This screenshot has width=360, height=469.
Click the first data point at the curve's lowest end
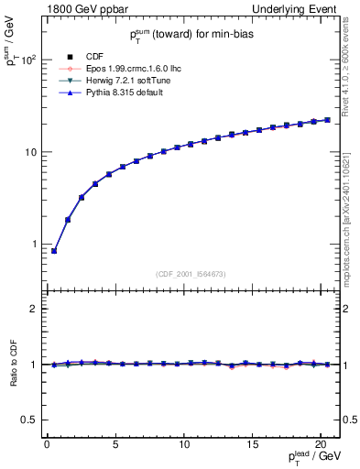54,251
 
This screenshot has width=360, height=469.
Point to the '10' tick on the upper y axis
29,152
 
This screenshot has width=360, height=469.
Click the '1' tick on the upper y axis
33,245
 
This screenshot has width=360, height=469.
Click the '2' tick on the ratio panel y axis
33,310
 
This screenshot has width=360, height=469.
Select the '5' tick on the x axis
115,444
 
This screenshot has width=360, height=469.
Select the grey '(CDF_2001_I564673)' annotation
192,273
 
